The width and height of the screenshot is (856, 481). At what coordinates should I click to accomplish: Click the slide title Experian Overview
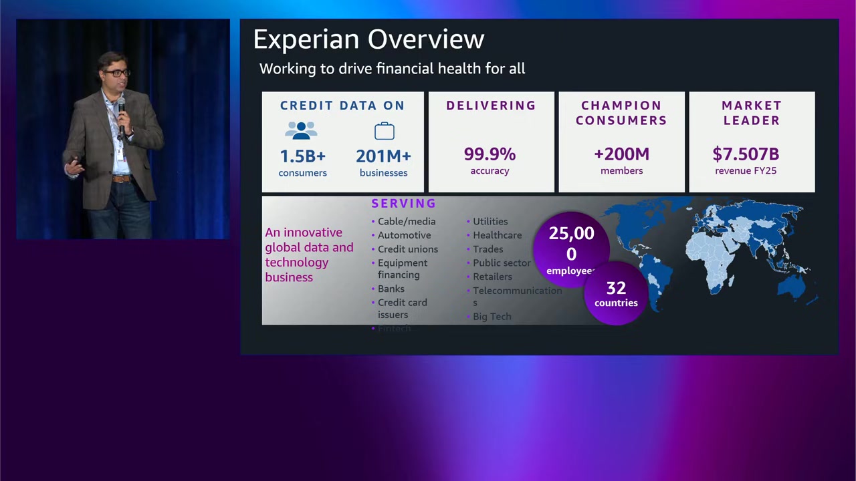[368, 39]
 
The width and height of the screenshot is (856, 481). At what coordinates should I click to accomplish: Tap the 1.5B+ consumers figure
[302, 156]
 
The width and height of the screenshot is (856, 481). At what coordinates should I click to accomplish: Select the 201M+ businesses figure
[383, 156]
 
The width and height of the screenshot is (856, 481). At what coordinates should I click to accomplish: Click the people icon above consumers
[302, 130]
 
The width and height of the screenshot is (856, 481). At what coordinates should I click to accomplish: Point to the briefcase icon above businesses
[384, 130]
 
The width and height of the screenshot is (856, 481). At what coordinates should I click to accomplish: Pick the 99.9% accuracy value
[490, 154]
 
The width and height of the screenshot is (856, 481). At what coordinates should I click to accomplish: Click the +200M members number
[621, 154]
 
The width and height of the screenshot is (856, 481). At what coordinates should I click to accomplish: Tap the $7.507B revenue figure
[746, 154]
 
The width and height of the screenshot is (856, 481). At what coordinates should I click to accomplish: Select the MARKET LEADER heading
[752, 113]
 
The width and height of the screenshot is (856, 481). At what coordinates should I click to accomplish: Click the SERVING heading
[403, 203]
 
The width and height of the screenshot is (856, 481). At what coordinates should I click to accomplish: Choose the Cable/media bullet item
[406, 221]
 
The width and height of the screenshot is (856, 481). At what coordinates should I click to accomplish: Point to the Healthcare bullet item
[497, 235]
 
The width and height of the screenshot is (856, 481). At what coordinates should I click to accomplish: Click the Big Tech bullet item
[492, 317]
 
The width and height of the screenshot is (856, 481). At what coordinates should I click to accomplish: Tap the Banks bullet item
[391, 289]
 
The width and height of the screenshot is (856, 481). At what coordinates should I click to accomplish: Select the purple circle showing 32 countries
[616, 294]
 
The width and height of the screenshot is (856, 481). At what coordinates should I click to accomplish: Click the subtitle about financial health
[392, 69]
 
